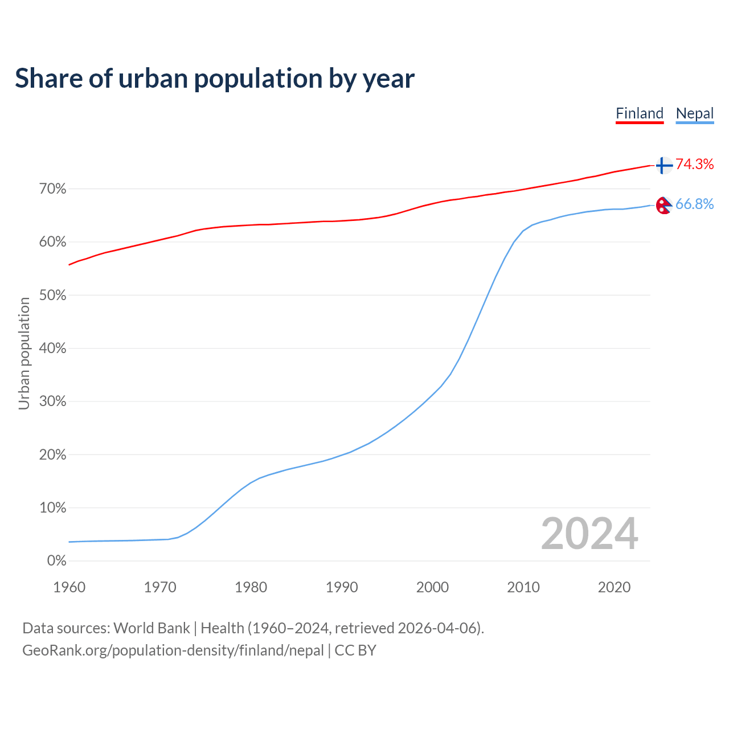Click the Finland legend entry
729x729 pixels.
point(640,113)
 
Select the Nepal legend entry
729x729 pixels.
point(695,113)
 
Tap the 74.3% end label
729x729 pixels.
point(695,165)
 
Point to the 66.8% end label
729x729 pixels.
point(695,204)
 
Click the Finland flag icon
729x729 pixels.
point(664,165)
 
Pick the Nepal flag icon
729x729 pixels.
point(664,205)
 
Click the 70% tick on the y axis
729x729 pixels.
point(53,189)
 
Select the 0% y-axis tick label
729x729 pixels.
point(57,561)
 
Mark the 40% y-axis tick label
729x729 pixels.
point(53,349)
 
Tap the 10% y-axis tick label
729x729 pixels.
point(53,508)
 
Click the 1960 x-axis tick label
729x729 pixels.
point(69,587)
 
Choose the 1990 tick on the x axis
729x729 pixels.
point(342,587)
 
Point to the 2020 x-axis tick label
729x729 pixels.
point(614,587)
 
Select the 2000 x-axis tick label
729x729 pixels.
point(432,587)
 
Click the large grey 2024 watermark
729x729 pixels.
point(589,534)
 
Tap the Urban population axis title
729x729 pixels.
point(24,353)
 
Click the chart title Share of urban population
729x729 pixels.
point(215,79)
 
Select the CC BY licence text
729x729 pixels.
point(355,650)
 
